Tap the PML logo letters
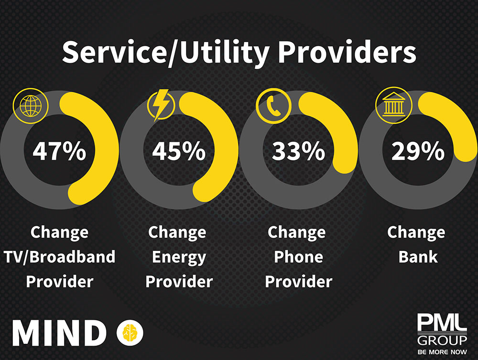(x=441, y=324)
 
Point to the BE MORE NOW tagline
(x=441, y=352)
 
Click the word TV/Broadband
(x=59, y=257)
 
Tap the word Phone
(x=298, y=257)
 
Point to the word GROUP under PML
(x=441, y=340)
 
